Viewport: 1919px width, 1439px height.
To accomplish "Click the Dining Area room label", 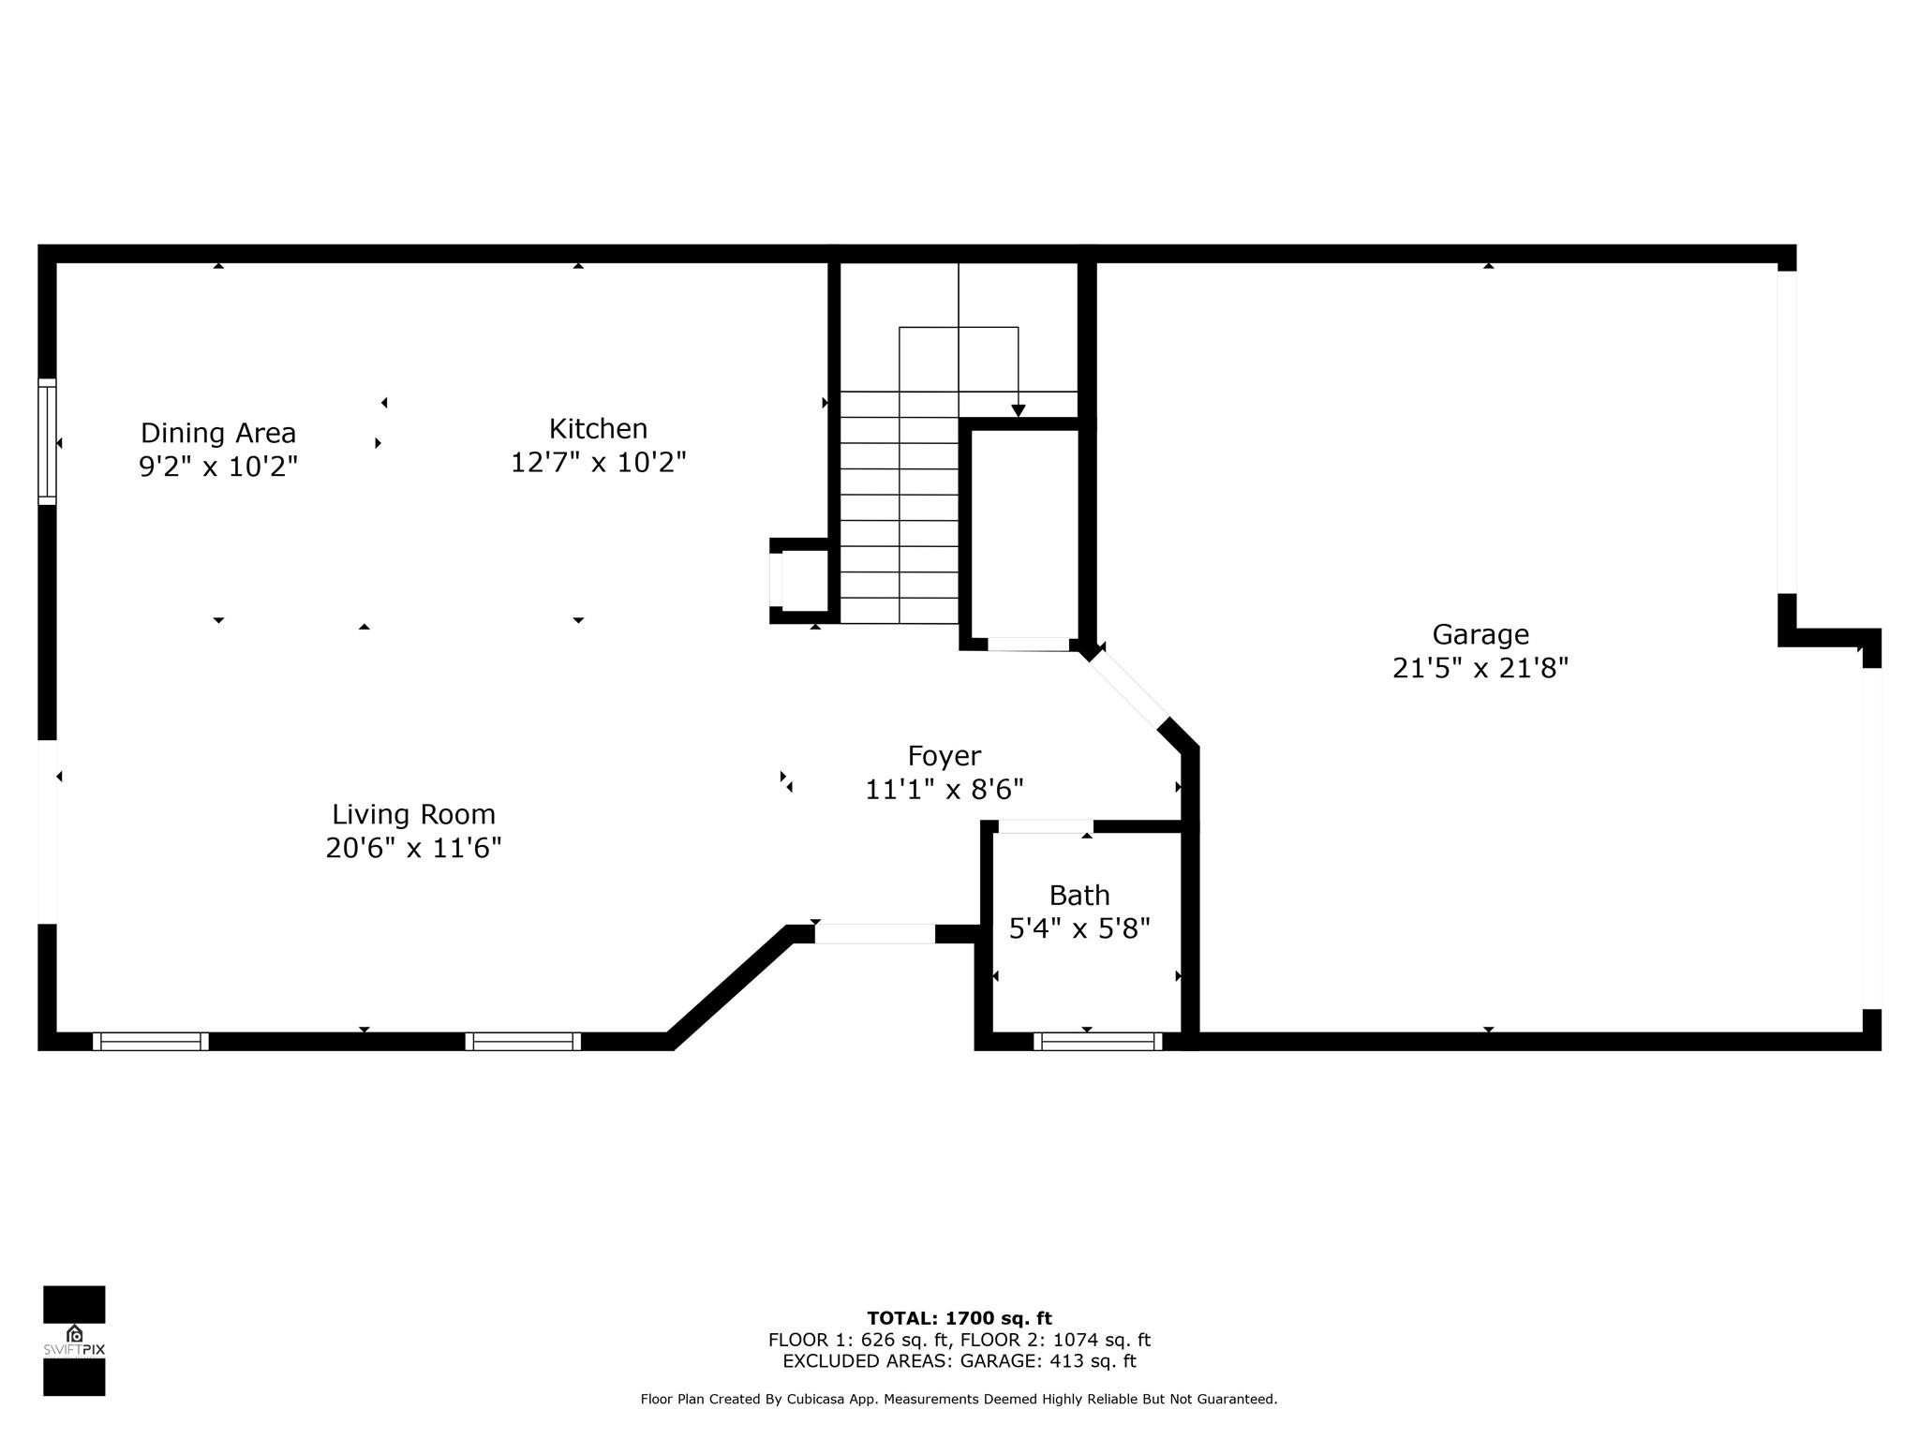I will coord(218,433).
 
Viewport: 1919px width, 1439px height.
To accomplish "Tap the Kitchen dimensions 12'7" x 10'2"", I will coord(598,463).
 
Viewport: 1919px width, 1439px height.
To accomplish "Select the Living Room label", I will coord(413,814).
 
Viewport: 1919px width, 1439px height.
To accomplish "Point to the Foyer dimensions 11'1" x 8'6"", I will coord(944,790).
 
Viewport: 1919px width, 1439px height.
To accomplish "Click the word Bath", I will coord(1079,896).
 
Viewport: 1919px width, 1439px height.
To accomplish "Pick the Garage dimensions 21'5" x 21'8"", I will coord(1480,669).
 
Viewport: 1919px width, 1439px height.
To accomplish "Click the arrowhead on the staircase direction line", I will coord(1018,410).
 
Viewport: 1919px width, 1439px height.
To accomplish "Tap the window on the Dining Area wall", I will coord(47,441).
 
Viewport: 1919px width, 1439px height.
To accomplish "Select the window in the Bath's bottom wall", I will coord(1097,1041).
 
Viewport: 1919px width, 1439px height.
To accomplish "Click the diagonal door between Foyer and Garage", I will coord(1128,690).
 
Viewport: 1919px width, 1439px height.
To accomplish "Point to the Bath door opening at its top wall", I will coord(1045,826).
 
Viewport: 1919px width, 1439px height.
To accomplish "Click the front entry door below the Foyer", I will coord(874,933).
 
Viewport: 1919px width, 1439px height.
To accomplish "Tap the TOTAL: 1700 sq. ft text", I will coord(959,1318).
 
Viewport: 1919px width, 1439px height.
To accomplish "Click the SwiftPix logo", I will coord(74,1340).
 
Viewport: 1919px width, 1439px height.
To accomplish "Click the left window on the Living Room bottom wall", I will coord(150,1041).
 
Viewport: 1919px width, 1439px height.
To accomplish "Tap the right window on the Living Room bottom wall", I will coord(523,1041).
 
